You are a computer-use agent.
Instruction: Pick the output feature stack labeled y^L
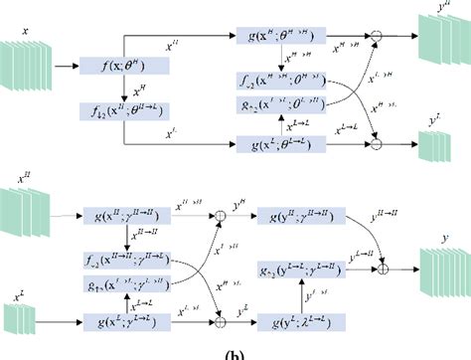pyautogui.click(x=434, y=145)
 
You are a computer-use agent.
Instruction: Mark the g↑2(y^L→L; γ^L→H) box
pyautogui.click(x=296, y=269)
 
